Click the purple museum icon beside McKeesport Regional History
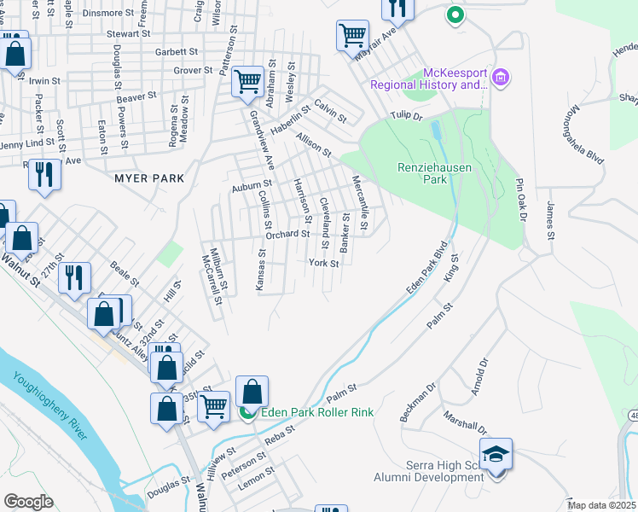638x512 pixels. pyautogui.click(x=500, y=79)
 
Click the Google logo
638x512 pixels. pyautogui.click(x=28, y=502)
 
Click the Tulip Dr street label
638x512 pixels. pyautogui.click(x=407, y=115)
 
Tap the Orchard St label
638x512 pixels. pyautogui.click(x=287, y=234)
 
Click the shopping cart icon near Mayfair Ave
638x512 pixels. pyautogui.click(x=352, y=36)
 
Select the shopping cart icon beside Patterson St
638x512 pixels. pyautogui.click(x=247, y=82)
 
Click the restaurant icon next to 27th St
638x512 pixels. pyautogui.click(x=74, y=276)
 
